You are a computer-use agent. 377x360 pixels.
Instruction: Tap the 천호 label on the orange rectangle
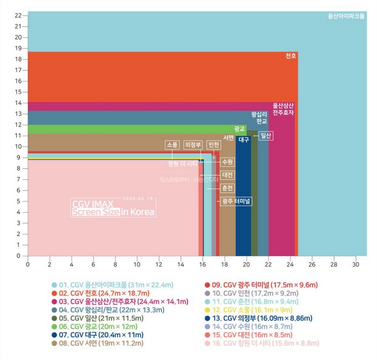pyautogui.click(x=291, y=56)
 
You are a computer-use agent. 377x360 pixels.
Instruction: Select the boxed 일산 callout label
pyautogui.click(x=265, y=135)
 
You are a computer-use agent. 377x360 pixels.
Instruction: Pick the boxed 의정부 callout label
pyautogui.click(x=193, y=145)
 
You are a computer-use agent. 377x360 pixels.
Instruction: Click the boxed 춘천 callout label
pyautogui.click(x=227, y=188)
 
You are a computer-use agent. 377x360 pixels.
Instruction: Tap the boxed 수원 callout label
pyautogui.click(x=227, y=162)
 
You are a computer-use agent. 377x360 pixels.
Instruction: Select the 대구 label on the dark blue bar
pyautogui.click(x=244, y=139)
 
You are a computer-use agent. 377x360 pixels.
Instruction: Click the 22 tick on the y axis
pyautogui.click(x=18, y=15)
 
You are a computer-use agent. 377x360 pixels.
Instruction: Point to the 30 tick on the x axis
pyautogui.click(x=356, y=264)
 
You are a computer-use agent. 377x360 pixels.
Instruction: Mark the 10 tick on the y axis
pyautogui.click(x=18, y=146)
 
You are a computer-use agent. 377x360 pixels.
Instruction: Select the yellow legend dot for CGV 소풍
pyautogui.click(x=207, y=310)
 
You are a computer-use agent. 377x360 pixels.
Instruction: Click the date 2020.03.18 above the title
pyautogui.click(x=137, y=199)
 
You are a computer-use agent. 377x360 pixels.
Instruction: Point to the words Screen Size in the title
pyautogui.click(x=95, y=212)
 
